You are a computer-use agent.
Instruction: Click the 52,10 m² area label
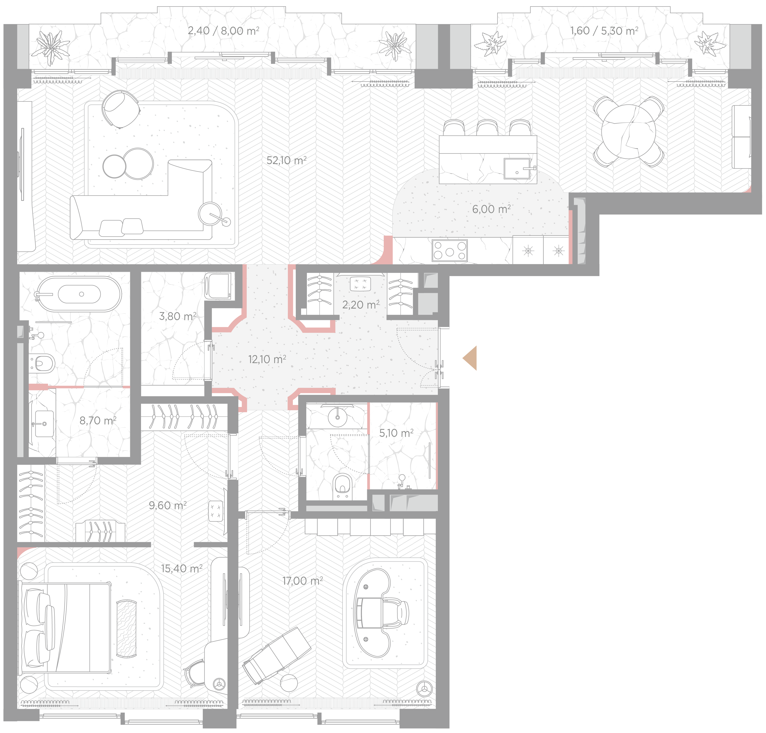point(286,160)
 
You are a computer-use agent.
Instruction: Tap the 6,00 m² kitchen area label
point(491,209)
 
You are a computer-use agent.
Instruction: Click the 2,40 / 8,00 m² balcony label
point(224,30)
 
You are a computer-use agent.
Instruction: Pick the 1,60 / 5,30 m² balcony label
point(604,30)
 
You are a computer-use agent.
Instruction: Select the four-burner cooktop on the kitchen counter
point(449,250)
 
